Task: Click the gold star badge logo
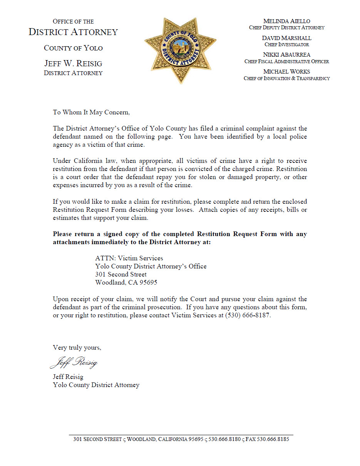pyautogui.click(x=180, y=50)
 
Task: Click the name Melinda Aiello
pyautogui.click(x=286, y=21)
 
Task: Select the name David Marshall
pyautogui.click(x=286, y=38)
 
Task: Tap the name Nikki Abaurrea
pyautogui.click(x=286, y=55)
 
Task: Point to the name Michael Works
pyautogui.click(x=286, y=72)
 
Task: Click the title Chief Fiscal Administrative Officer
pyautogui.click(x=286, y=62)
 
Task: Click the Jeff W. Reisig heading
pyautogui.click(x=73, y=63)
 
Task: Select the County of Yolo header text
pyautogui.click(x=73, y=48)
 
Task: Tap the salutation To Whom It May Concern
pyautogui.click(x=91, y=112)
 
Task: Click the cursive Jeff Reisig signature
pyautogui.click(x=74, y=362)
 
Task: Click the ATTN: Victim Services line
pyautogui.click(x=129, y=258)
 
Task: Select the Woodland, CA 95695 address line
pyautogui.click(x=126, y=282)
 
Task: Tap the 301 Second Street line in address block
pyautogui.click(x=121, y=274)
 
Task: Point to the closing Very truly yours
pyautogui.click(x=77, y=347)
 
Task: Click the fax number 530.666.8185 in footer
pyautogui.click(x=273, y=439)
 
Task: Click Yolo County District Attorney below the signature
pyautogui.click(x=96, y=385)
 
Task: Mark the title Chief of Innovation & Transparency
pyautogui.click(x=286, y=79)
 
